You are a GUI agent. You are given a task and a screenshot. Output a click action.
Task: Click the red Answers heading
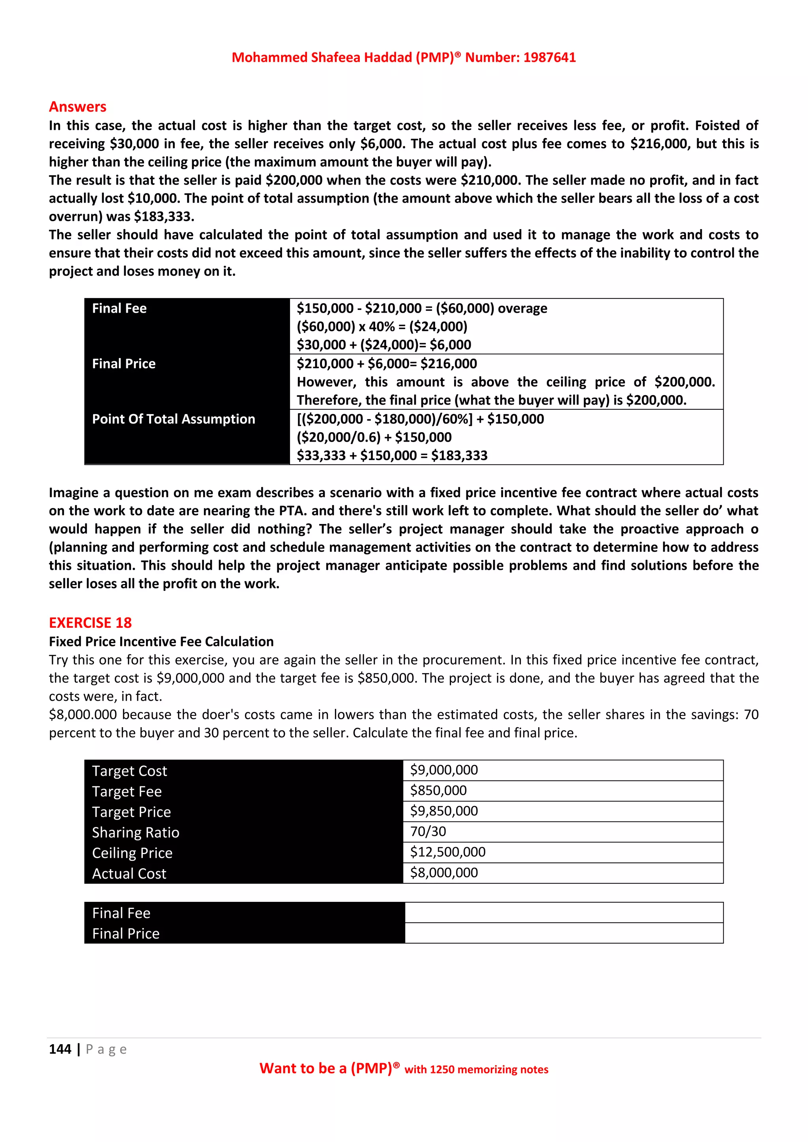(78, 107)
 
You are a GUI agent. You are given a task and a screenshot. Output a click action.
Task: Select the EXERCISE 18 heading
(90, 623)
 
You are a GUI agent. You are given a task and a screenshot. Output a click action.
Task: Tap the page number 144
(60, 1049)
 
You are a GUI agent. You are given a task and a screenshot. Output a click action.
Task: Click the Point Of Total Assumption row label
(173, 419)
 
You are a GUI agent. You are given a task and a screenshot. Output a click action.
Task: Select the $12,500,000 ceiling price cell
(447, 852)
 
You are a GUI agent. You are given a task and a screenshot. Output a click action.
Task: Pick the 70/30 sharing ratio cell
(428, 832)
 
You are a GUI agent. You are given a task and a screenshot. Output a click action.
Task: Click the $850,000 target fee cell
(438, 790)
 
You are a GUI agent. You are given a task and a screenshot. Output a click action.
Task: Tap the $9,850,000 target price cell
(443, 811)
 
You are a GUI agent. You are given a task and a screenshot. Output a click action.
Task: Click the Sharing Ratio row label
(135, 832)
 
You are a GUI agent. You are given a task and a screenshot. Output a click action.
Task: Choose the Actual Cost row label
(129, 874)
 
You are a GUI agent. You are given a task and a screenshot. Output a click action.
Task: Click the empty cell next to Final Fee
(563, 913)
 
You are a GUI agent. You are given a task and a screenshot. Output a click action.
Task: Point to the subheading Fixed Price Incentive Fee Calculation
(161, 642)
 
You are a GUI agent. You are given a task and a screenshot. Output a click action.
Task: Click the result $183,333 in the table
(459, 455)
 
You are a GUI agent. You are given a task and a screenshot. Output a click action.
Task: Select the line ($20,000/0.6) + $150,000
(374, 437)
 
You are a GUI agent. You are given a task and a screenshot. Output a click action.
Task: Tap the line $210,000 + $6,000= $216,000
(387, 364)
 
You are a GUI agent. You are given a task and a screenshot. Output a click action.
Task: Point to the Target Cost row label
(129, 771)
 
